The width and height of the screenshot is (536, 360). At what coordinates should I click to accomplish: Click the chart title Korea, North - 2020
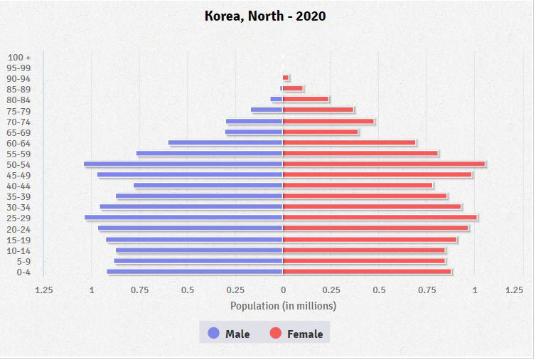(x=265, y=16)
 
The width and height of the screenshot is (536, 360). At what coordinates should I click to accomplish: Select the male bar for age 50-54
(x=183, y=164)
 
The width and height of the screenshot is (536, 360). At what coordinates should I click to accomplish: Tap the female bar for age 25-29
(x=380, y=218)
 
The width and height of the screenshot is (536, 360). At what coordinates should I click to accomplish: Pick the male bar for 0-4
(x=195, y=272)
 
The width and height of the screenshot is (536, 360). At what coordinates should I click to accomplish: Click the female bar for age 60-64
(x=349, y=143)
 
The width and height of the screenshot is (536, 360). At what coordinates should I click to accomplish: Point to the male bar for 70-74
(x=254, y=122)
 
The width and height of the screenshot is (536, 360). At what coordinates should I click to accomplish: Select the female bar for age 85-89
(x=293, y=89)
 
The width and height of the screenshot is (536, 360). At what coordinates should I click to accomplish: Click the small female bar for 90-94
(x=286, y=78)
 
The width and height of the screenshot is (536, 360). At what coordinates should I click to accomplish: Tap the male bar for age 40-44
(x=208, y=186)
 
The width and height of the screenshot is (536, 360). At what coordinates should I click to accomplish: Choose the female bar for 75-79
(x=318, y=110)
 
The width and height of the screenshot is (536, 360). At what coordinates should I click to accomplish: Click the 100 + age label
(x=18, y=57)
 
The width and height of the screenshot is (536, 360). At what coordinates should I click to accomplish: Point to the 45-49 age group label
(x=18, y=175)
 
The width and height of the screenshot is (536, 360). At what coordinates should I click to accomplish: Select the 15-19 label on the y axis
(x=18, y=240)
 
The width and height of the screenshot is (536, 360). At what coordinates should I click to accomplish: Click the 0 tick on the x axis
(x=283, y=290)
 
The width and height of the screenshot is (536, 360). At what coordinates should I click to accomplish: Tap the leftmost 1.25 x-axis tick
(x=44, y=290)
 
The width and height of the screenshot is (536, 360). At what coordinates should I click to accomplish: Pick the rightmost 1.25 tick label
(x=514, y=290)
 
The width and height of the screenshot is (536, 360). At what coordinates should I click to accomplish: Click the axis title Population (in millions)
(x=283, y=306)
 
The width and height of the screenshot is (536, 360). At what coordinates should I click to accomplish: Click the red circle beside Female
(x=276, y=333)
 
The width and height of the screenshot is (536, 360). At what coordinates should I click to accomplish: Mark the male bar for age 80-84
(x=277, y=100)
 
